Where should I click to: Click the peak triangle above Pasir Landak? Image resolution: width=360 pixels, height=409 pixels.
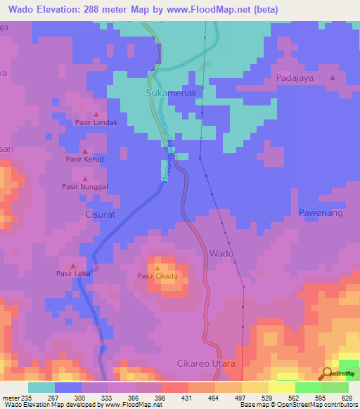pyautogui.click(x=96, y=114)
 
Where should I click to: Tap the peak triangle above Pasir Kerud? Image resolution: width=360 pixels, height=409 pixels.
pyautogui.click(x=85, y=151)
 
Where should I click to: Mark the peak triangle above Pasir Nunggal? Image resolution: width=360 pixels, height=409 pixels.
pyautogui.click(x=84, y=178)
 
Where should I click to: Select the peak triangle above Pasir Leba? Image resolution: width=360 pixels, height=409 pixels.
pyautogui.click(x=74, y=266)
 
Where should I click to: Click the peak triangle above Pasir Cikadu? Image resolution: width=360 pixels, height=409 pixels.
pyautogui.click(x=157, y=268)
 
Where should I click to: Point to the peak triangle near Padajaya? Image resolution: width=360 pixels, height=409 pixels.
pyautogui.click(x=332, y=78)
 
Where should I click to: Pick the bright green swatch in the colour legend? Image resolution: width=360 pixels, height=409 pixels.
pyautogui.click(x=308, y=387)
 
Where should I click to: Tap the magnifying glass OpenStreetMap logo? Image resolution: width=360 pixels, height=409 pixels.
pyautogui.click(x=327, y=372)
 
